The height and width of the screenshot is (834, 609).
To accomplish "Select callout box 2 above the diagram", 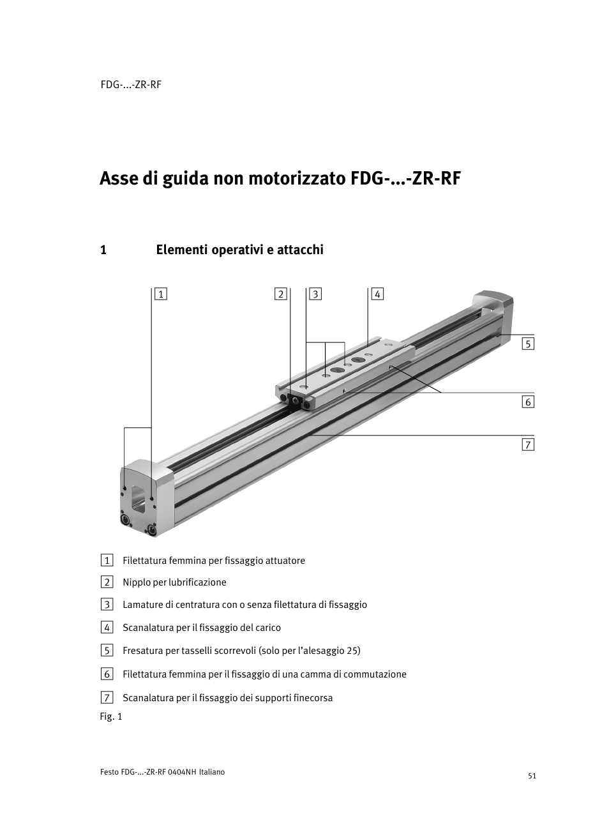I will (x=281, y=294).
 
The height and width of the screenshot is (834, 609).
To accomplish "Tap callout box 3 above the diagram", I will (x=315, y=294).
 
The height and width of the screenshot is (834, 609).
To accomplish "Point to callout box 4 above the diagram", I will (x=377, y=294).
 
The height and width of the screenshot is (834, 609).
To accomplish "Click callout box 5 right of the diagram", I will (x=527, y=344).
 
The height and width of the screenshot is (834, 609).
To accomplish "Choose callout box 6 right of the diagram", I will (x=527, y=402).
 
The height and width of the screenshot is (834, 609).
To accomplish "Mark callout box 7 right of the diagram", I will (x=527, y=444).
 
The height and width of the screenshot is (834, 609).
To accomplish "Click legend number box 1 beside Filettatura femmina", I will (x=107, y=561).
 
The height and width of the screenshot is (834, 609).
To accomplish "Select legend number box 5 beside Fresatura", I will (x=107, y=651).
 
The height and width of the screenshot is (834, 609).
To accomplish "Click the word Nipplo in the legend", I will (x=136, y=582).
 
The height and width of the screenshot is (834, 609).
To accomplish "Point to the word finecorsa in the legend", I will (x=312, y=698).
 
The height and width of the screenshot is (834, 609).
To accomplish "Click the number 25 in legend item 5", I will (x=352, y=651).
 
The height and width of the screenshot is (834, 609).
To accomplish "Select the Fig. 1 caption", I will (x=110, y=716).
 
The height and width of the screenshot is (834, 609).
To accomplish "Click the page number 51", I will (x=532, y=776).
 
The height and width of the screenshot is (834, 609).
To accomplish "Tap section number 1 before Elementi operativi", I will (x=103, y=250).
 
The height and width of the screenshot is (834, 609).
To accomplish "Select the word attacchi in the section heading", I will (x=300, y=250).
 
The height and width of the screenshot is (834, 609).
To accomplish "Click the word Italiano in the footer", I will (x=212, y=772).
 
